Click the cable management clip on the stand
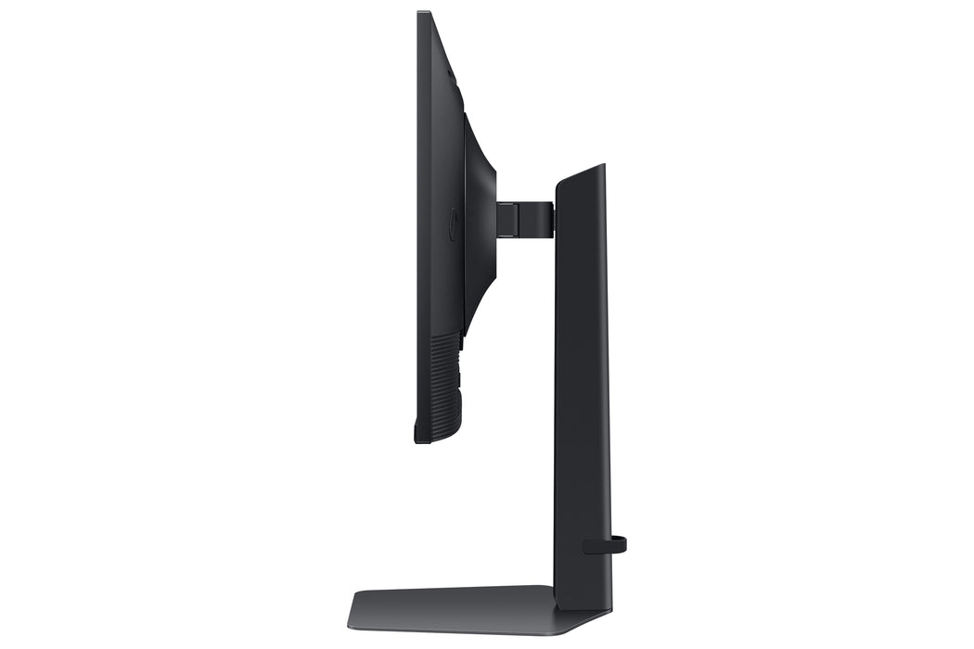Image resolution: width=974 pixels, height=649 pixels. tap(603, 544)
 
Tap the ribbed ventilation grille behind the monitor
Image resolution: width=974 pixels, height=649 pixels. tap(445, 385)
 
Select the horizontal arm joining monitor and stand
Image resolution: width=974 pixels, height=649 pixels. tap(524, 219)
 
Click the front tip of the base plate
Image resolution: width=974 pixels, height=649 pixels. tap(353, 622)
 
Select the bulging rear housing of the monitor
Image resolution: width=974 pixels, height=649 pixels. tap(480, 223)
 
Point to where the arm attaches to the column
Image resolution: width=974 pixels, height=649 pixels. tap(553, 219)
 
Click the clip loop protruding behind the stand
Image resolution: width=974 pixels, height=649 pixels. tap(620, 544)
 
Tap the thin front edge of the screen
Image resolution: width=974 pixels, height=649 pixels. tap(419, 223)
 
